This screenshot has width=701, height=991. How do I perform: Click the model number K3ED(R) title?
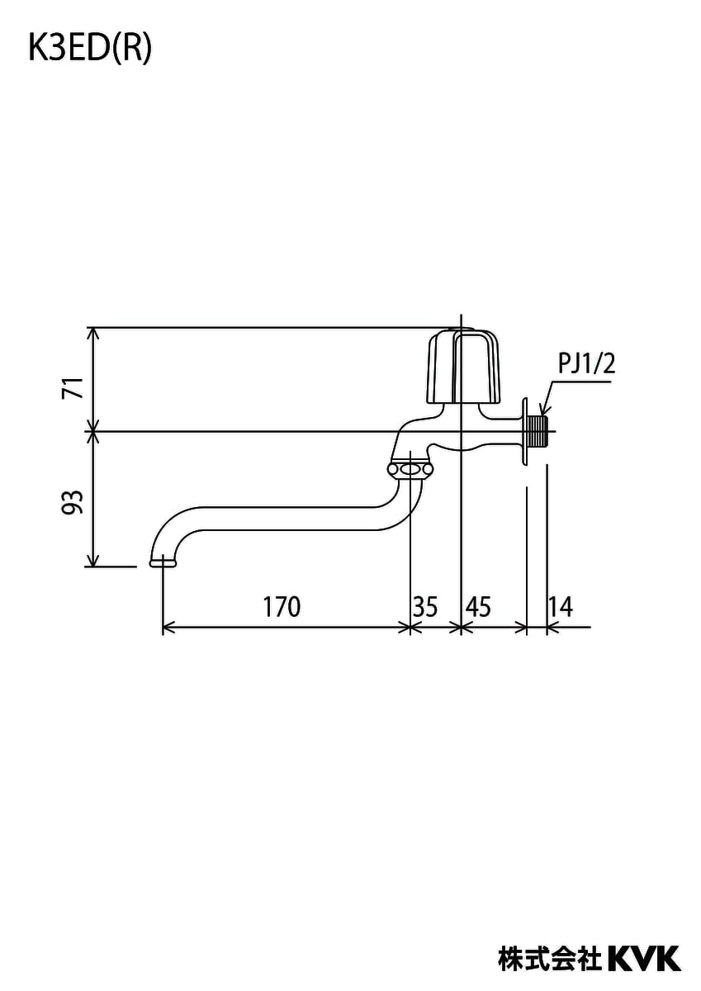click(x=90, y=49)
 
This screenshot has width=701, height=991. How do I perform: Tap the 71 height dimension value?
click(x=73, y=388)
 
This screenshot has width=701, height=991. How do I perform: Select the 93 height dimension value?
click(x=73, y=502)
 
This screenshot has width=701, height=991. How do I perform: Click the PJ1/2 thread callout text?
click(x=586, y=364)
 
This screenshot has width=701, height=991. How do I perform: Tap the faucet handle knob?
click(x=464, y=367)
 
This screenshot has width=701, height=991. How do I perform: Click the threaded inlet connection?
click(x=538, y=431)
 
